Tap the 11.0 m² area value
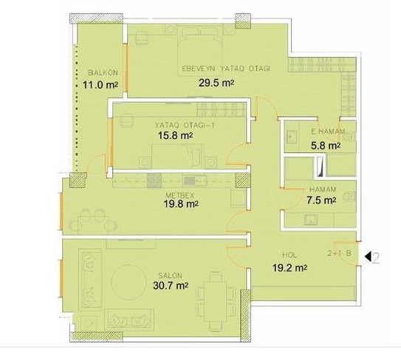(x=100, y=85)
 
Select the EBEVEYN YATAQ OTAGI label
(x=226, y=69)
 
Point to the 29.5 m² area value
(x=216, y=83)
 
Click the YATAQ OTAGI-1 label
(x=185, y=126)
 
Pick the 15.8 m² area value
(x=175, y=135)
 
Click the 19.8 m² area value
(x=181, y=204)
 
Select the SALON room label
(x=170, y=276)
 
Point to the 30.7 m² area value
(x=171, y=285)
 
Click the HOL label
(x=289, y=255)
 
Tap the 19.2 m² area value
(x=289, y=268)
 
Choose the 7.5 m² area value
(x=321, y=200)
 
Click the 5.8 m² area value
(x=326, y=146)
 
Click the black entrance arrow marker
(x=368, y=257)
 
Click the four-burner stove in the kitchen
(x=154, y=180)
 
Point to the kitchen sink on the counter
(x=195, y=180)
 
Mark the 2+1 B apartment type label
(x=340, y=254)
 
